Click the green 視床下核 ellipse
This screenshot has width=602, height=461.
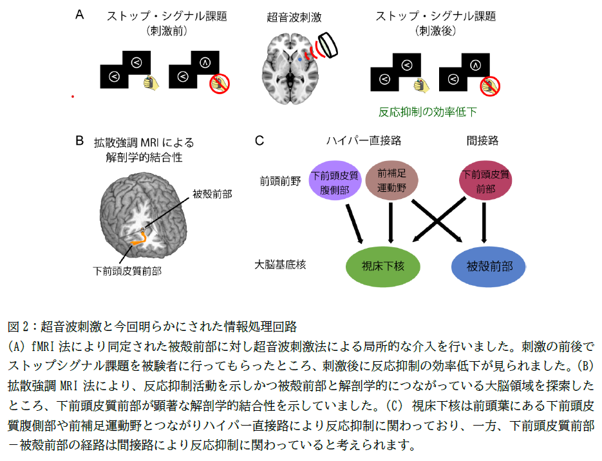click(383, 265)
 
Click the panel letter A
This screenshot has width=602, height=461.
click(80, 14)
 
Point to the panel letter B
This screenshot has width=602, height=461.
click(80, 140)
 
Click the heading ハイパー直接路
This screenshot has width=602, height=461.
click(364, 140)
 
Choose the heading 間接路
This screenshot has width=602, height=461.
click(482, 140)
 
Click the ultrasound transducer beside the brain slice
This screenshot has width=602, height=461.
click(330, 44)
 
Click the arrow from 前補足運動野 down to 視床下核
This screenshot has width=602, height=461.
click(390, 223)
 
